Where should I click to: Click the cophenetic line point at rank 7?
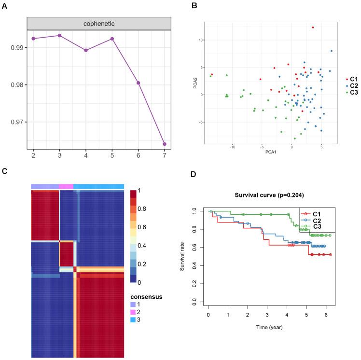pyautogui.click(x=165, y=144)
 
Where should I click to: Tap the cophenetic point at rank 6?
pyautogui.click(x=139, y=83)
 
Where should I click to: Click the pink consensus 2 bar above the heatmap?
pyautogui.click(x=66, y=186)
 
